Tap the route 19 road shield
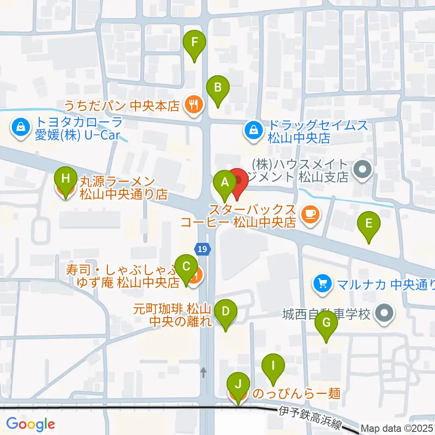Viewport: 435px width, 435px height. (203, 248)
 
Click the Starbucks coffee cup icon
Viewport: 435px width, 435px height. (311, 213)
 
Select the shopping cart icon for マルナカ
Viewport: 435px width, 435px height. (323, 284)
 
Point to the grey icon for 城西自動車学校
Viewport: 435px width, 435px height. (385, 313)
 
